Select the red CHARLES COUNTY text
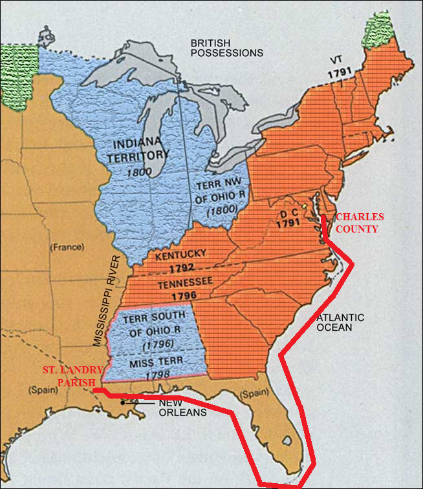point(360,223)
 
